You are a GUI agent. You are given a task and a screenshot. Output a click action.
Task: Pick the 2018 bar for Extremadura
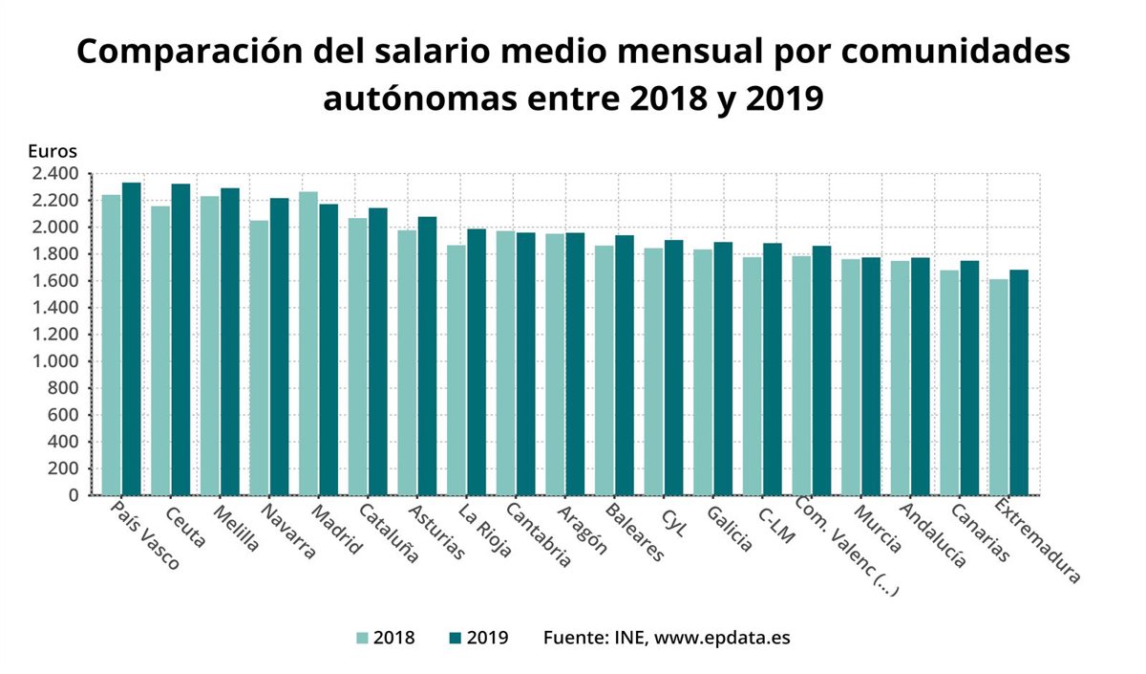pyautogui.click(x=999, y=386)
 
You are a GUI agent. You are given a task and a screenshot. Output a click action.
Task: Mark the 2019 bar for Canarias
pyautogui.click(x=969, y=378)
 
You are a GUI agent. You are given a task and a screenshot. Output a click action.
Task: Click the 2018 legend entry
pyautogui.click(x=385, y=638)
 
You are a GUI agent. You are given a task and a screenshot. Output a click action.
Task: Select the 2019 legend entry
pyautogui.click(x=477, y=638)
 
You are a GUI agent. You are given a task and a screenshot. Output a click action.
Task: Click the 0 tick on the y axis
pyautogui.click(x=72, y=495)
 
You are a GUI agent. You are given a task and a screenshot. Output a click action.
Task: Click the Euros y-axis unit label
pyautogui.click(x=52, y=150)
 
